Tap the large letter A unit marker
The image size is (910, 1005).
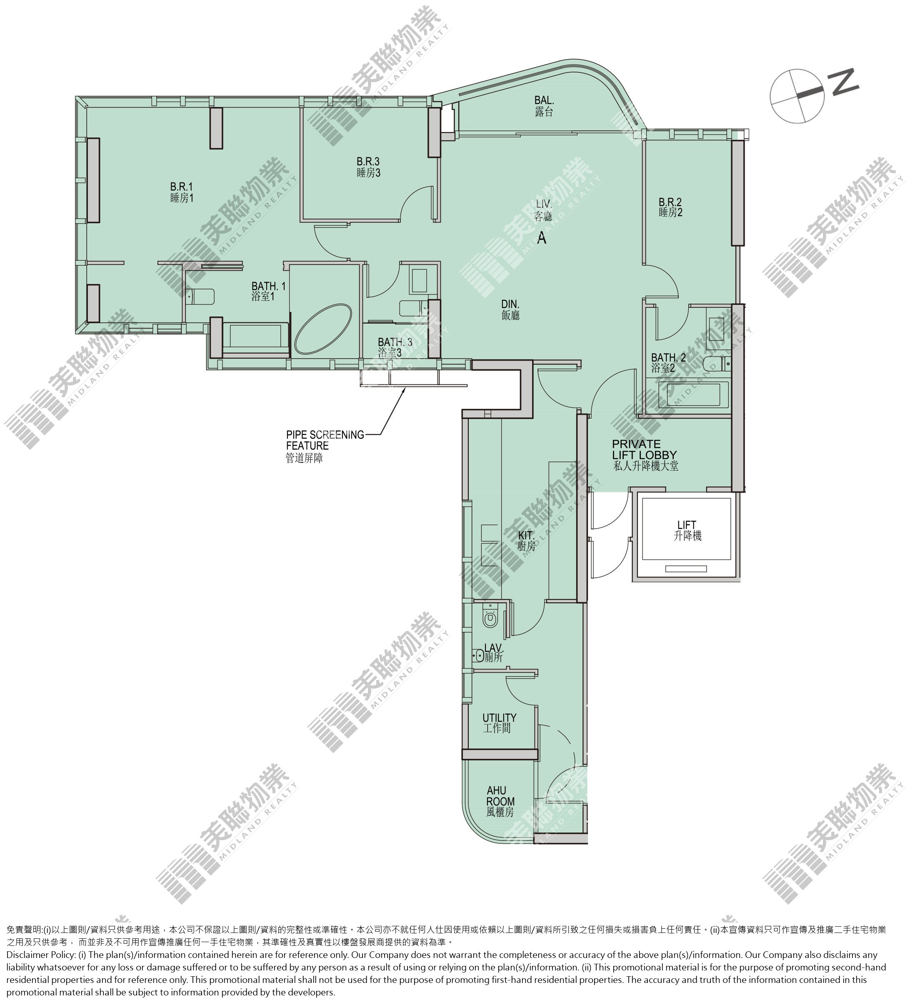tap(542, 238)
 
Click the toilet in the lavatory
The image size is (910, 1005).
tap(490, 618)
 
